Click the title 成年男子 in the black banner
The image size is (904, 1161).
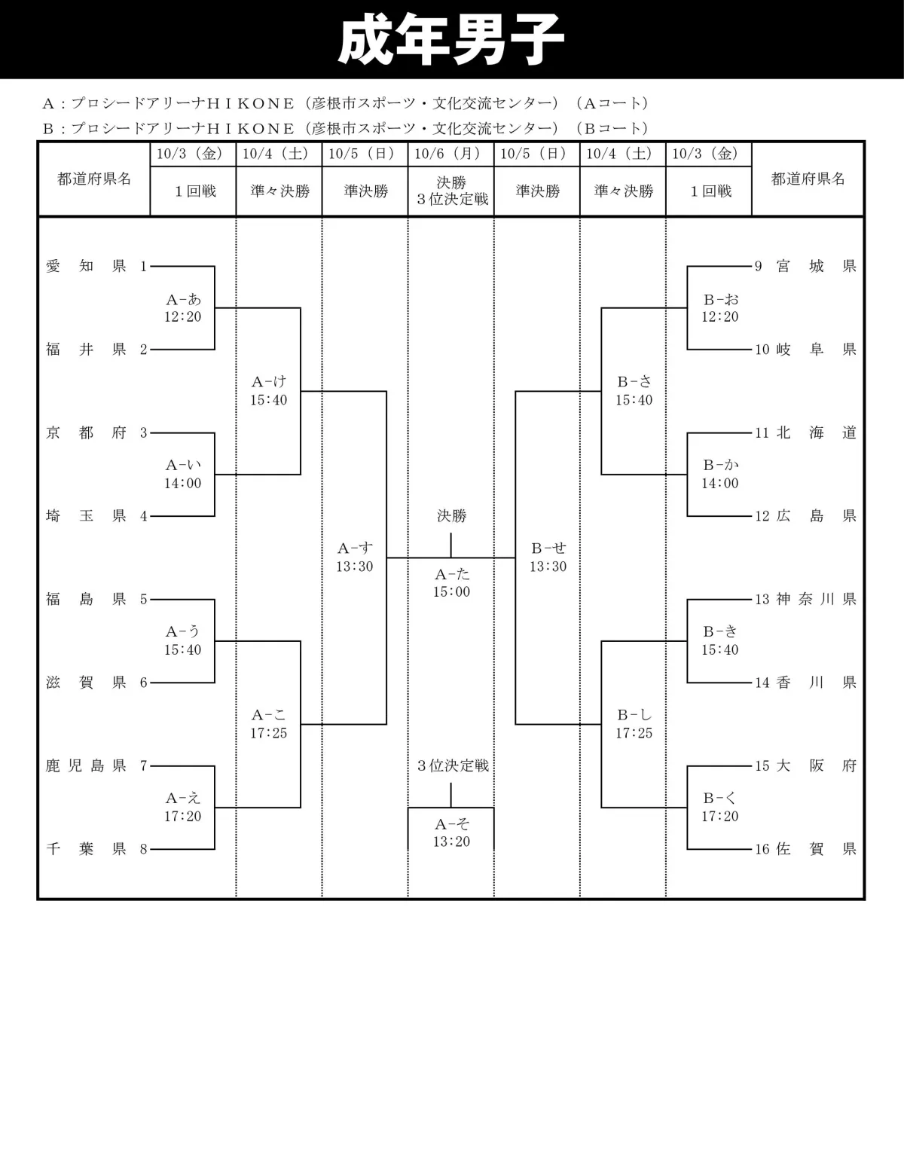tap(450, 39)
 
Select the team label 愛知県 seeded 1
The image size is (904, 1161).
tap(86, 266)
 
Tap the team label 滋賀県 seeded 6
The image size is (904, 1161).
tap(86, 683)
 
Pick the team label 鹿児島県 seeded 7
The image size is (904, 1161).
tap(86, 766)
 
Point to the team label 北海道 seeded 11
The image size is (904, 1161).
tap(816, 433)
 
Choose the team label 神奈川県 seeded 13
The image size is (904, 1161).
tap(816, 600)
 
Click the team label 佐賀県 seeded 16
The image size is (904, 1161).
tap(816, 850)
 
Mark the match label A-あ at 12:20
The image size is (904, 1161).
tap(183, 300)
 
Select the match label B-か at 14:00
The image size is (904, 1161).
tap(720, 466)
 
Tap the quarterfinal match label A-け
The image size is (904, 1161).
tap(269, 383)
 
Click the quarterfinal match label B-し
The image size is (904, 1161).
tap(634, 716)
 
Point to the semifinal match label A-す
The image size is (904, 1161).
tap(355, 549)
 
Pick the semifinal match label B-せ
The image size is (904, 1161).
tap(548, 549)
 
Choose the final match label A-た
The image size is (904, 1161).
tap(451, 575)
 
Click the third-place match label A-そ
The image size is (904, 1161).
tap(451, 824)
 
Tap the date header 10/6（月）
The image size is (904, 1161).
tap(450, 154)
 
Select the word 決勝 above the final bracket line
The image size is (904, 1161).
tap(451, 516)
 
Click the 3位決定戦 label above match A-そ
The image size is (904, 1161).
tap(453, 766)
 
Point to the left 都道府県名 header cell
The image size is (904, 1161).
tap(94, 179)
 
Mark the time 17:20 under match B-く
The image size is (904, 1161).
tap(720, 817)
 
